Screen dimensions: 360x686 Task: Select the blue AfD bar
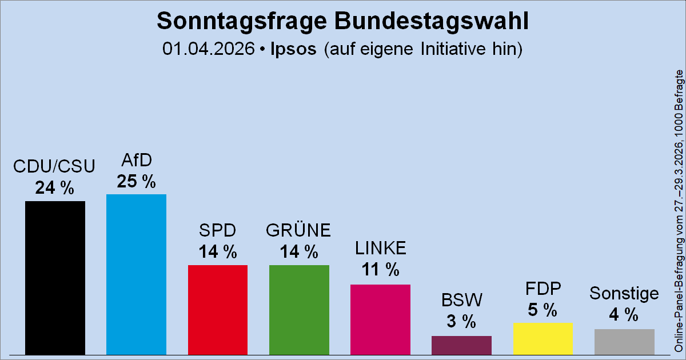pos(136,274)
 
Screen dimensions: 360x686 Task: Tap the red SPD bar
pos(217,309)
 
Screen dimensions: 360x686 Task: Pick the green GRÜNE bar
pos(299,309)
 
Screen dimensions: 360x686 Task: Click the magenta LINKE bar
pos(380,319)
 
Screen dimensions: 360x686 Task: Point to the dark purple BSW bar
pos(461,345)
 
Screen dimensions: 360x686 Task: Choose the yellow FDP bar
pos(543,338)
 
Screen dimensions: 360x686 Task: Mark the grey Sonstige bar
pos(624,341)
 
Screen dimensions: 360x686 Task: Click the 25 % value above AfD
pos(136,181)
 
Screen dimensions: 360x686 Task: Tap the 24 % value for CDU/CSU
pos(55,188)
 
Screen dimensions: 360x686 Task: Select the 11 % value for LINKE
pos(380,270)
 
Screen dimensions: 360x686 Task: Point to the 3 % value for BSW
pos(461,322)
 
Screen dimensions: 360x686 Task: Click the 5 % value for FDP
pos(543,310)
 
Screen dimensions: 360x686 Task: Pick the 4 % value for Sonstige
pos(624,314)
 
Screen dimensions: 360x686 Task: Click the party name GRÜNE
pos(299,230)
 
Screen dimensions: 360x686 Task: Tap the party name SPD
pos(217,230)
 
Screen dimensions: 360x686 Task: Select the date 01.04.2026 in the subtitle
pos(208,49)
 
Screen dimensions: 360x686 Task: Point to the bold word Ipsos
pos(293,49)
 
